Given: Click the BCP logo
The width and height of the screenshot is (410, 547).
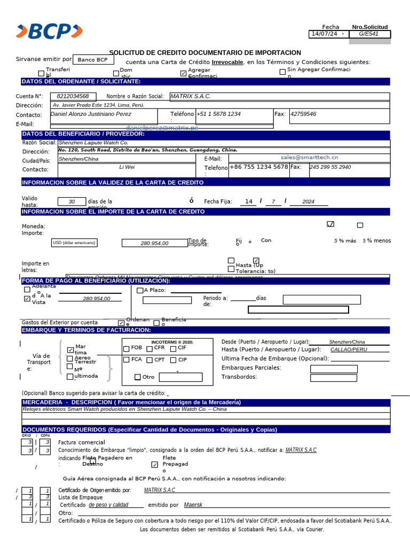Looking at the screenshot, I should point(49,32).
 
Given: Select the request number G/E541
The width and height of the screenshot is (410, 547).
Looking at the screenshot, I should point(369,34).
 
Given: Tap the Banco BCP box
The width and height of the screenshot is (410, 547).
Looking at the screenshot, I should point(92,60).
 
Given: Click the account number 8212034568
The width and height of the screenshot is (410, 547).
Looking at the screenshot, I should point(76,97).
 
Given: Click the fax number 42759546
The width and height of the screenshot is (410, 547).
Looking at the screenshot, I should point(303,114).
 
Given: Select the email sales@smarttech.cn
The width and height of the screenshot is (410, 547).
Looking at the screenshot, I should point(309,158).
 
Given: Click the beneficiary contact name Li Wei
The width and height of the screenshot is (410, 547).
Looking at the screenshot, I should point(127,167).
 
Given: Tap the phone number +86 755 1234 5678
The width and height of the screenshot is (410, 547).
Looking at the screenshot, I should point(259,167).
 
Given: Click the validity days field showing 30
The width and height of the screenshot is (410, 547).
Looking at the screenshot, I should point(72,201).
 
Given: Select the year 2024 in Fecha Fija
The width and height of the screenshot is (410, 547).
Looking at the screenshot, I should point(308,201).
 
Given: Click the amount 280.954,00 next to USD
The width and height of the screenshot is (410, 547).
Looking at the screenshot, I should point(154,243).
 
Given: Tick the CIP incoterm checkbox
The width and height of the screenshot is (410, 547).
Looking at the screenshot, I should point(173,360).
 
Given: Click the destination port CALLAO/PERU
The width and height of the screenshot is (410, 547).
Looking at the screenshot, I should point(349,349).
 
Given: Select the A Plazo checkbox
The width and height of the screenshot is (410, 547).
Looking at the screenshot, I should point(140,291).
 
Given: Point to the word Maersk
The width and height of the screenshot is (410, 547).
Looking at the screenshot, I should point(193,505).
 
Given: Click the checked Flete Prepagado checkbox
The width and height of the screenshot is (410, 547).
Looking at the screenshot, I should point(155,465).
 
